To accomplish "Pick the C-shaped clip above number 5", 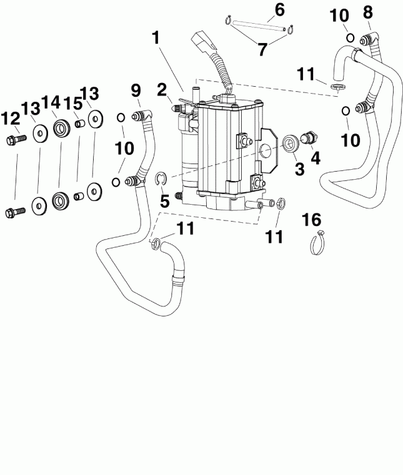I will click(x=161, y=180).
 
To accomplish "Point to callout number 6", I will click(x=279, y=9).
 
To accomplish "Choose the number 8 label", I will click(x=367, y=12).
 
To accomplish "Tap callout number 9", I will click(x=136, y=91).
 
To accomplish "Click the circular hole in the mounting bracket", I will click(x=267, y=150).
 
